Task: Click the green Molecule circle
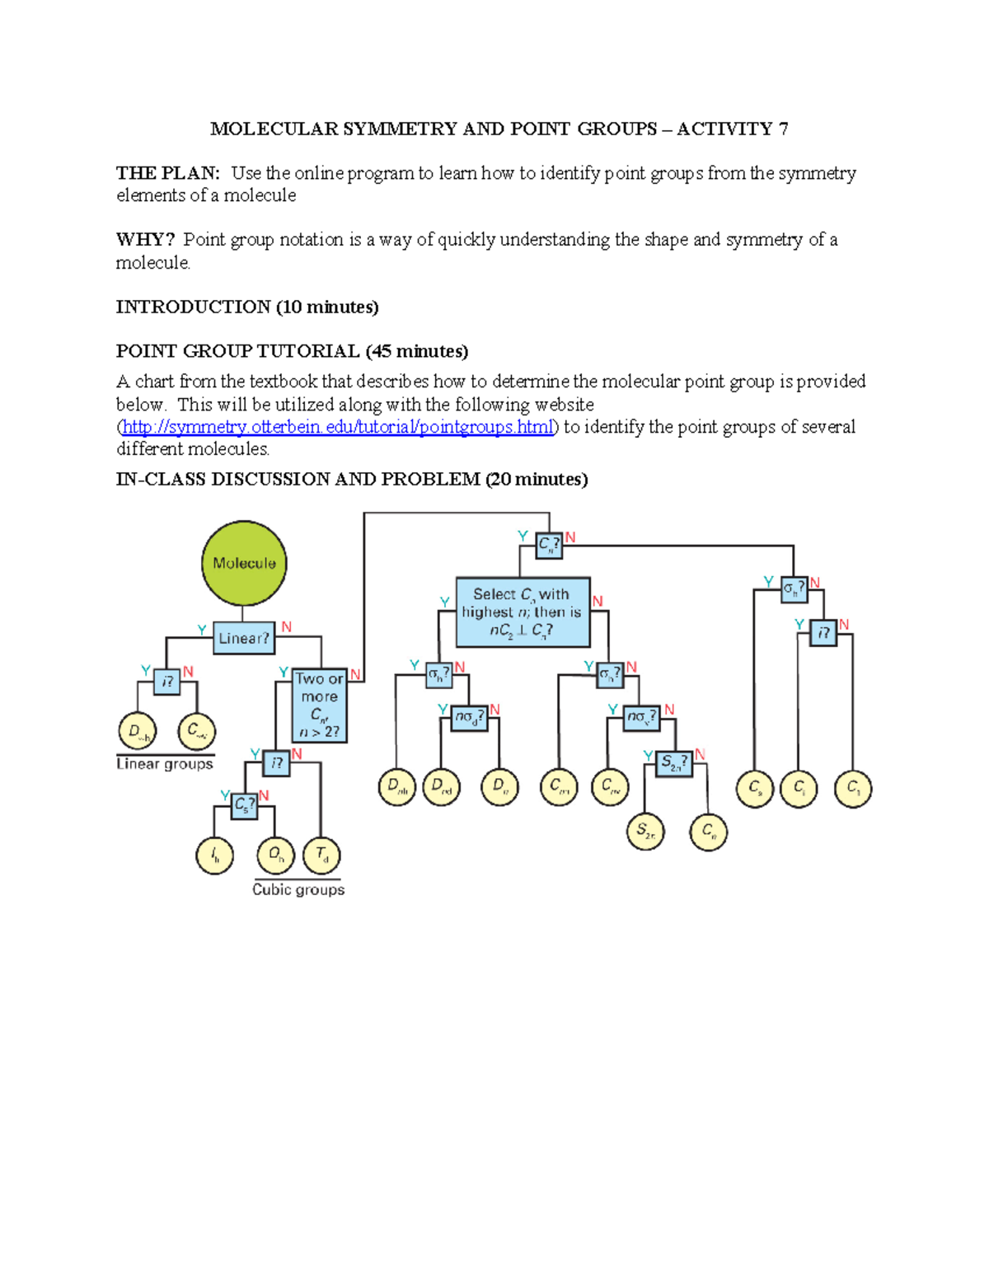pos(244,563)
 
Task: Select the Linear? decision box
pos(244,638)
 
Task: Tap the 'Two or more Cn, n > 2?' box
pos(320,705)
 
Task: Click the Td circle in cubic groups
pos(321,855)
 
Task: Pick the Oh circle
pos(276,855)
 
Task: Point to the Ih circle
pos(214,856)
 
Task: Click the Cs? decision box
pos(245,804)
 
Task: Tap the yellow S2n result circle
pos(645,831)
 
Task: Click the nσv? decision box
pos(641,718)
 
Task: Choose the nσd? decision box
pos(470,718)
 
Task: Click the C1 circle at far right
pos(853,788)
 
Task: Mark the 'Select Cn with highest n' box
pos(523,612)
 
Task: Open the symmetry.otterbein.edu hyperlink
pos(337,427)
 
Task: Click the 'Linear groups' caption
pos(165,764)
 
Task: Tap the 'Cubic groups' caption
pos(298,890)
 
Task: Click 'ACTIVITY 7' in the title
pos(732,129)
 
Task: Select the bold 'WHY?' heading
pos(145,240)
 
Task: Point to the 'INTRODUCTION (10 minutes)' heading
pos(247,307)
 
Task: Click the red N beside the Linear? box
pos(287,627)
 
